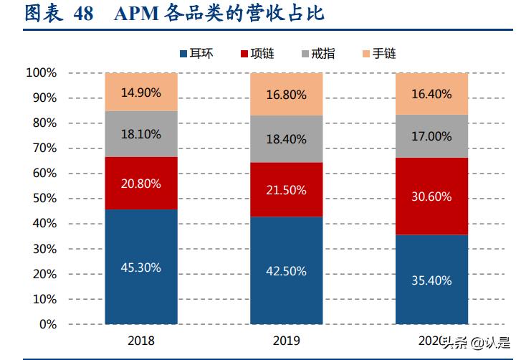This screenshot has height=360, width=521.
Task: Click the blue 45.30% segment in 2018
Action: [x=140, y=267]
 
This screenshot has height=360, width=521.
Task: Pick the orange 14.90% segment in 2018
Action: [x=140, y=92]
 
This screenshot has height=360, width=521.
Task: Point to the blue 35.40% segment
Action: [x=432, y=280]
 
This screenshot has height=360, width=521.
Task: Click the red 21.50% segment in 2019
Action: [x=286, y=190]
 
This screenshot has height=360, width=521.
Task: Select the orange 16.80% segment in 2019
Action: [x=286, y=95]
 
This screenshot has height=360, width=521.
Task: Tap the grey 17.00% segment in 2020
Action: [x=432, y=136]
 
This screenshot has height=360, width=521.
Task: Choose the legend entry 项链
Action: [x=262, y=54]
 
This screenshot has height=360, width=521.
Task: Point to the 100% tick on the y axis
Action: [x=41, y=72]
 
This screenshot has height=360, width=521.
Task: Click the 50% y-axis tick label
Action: [x=44, y=199]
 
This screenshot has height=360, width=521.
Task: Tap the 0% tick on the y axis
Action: [x=47, y=325]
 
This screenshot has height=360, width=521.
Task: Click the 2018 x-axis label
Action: [x=140, y=341]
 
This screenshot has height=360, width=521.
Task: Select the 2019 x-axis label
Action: [x=286, y=341]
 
